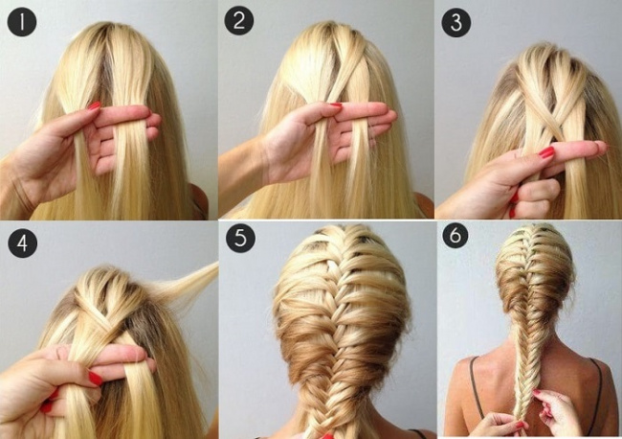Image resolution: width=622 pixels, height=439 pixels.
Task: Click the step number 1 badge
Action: pyautogui.click(x=22, y=22)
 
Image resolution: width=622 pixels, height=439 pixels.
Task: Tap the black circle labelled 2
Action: pyautogui.click(x=239, y=20)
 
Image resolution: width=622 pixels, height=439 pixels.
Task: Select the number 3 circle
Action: pyautogui.click(x=456, y=23)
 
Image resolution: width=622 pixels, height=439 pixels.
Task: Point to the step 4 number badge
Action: pyautogui.click(x=23, y=243)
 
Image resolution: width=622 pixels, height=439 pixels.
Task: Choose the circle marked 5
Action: pyautogui.click(x=241, y=238)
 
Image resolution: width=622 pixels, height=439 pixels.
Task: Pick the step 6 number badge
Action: pyautogui.click(x=455, y=235)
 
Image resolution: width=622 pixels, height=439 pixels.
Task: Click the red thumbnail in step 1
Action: pyautogui.click(x=95, y=105)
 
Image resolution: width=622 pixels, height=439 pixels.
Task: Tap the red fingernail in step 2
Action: pyautogui.click(x=336, y=104)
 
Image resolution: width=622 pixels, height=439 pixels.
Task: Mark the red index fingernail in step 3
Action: pyautogui.click(x=546, y=152)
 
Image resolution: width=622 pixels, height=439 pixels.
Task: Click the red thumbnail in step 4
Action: pyautogui.click(x=95, y=379)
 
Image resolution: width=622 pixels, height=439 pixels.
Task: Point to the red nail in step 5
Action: pyautogui.click(x=327, y=436)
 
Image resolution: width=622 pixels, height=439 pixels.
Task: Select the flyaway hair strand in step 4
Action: pyautogui.click(x=187, y=284)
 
